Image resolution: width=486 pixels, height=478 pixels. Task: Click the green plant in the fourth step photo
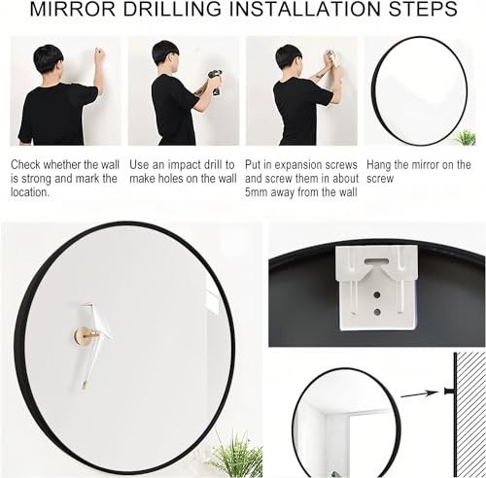tap(466, 137)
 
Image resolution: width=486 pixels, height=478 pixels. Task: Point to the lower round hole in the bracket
tap(377, 311)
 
